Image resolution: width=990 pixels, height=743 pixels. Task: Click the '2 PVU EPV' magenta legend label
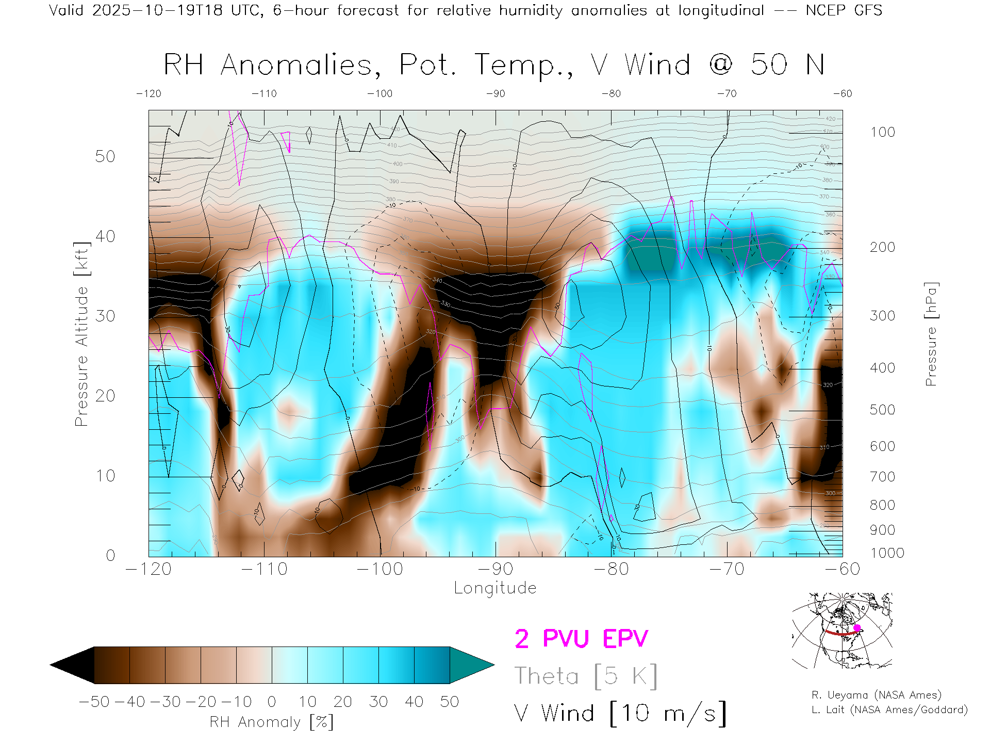pos(581,639)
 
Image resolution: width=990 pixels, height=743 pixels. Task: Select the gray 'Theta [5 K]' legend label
pos(585,676)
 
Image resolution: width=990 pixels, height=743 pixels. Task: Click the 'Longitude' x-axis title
pos(495,588)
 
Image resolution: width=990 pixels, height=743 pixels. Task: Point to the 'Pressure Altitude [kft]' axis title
pos(81,334)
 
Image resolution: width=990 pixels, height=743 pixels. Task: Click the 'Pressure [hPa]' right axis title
pos(931,334)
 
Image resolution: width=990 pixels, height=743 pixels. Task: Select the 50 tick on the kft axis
pos(105,156)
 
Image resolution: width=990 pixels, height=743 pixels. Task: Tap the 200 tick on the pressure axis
pos(882,247)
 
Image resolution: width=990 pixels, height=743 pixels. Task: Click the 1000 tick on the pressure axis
pos(887,553)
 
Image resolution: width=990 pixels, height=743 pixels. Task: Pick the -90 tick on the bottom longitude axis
pos(495,569)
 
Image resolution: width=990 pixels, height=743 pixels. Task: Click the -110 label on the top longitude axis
pos(264,93)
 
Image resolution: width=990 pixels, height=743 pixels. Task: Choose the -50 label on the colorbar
pos(94,702)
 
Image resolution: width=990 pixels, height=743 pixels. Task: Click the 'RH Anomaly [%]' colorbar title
pos(271,722)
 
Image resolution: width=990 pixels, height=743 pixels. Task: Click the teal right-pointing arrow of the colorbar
pos(469,665)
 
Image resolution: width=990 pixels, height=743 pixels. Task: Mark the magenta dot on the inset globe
pos(857,628)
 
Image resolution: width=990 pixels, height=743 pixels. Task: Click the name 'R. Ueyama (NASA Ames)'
pos(876,695)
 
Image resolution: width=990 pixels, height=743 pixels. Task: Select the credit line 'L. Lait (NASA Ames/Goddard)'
pos(889,710)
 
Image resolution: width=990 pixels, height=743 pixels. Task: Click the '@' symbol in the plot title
pos(720,65)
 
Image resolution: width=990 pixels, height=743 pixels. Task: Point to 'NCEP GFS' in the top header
pos(844,10)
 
